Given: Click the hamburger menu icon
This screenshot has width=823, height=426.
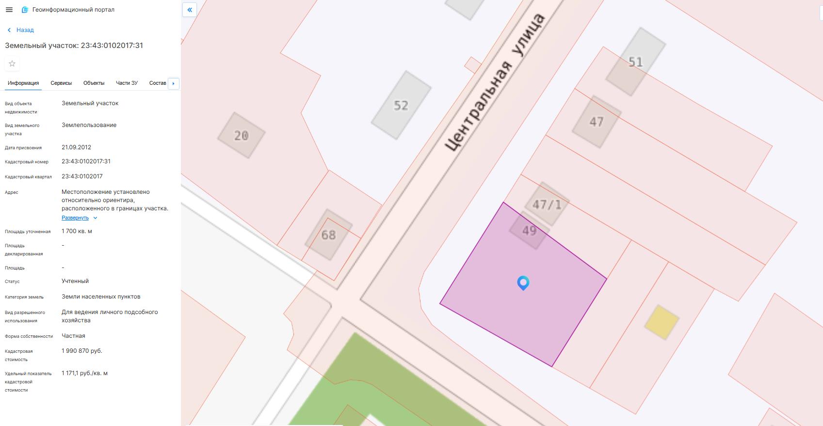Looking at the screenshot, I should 9,10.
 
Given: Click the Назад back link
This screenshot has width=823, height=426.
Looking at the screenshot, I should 21,30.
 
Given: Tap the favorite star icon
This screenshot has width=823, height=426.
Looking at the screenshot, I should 12,63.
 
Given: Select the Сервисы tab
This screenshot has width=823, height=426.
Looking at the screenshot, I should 61,83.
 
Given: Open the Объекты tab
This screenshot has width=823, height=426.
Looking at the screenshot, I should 94,83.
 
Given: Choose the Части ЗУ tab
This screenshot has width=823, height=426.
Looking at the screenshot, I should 127,83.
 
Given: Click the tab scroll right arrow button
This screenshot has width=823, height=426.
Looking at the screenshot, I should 173,83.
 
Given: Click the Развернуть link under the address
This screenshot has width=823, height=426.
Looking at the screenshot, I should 76,218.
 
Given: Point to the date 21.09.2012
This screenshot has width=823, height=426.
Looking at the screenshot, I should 77,147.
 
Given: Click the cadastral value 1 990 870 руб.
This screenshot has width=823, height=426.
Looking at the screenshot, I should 82,351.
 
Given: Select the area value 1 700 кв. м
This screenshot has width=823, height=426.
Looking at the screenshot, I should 77,231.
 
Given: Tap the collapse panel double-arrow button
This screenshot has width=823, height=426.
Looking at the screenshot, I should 190,10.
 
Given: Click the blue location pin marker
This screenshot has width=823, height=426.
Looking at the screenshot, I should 523,282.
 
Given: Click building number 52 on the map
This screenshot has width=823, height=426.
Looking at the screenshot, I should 401,105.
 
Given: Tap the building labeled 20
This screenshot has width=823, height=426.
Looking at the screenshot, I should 241,135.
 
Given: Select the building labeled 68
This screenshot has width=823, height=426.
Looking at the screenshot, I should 328,235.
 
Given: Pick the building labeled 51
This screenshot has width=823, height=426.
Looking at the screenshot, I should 635,62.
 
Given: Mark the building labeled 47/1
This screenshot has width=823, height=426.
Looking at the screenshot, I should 547,204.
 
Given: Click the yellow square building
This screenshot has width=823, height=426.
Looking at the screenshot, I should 661,322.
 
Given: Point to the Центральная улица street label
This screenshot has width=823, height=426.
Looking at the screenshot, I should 495,82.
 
